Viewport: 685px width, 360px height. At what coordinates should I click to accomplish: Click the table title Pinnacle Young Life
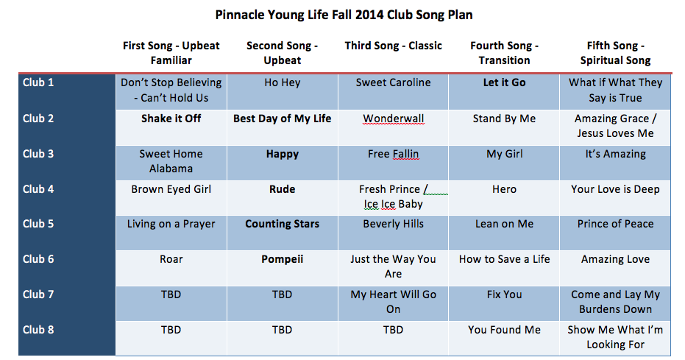[344, 15]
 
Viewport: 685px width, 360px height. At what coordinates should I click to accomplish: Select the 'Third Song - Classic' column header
[393, 46]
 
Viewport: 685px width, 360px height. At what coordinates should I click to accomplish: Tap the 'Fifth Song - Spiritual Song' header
[615, 53]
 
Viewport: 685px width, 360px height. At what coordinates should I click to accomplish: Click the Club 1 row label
[38, 82]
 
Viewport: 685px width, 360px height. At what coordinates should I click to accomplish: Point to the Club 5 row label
[38, 224]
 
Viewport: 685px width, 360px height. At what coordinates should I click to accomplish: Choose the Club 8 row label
[38, 330]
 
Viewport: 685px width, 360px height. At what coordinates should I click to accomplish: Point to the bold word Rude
[283, 189]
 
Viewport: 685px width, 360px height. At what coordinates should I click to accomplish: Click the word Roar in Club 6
[171, 260]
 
